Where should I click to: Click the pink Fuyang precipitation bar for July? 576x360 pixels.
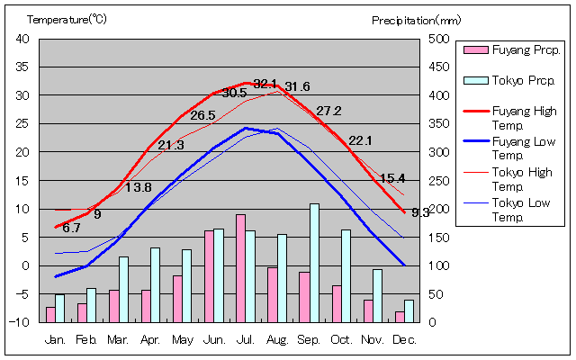coord(240,268)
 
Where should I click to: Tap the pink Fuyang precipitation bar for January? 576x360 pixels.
coord(50,314)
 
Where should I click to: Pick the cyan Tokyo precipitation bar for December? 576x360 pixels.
coord(409,310)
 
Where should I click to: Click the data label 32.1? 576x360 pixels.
coord(265,84)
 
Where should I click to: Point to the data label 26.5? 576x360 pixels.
coord(202,115)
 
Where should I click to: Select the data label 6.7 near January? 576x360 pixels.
coord(71,228)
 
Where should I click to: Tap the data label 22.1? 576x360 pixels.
coord(360,140)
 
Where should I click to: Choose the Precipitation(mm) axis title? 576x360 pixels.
coord(416,19)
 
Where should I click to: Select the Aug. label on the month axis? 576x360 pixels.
coord(276,338)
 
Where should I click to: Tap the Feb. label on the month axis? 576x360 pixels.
coord(86,338)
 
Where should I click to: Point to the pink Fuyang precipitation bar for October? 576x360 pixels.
coord(337,303)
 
